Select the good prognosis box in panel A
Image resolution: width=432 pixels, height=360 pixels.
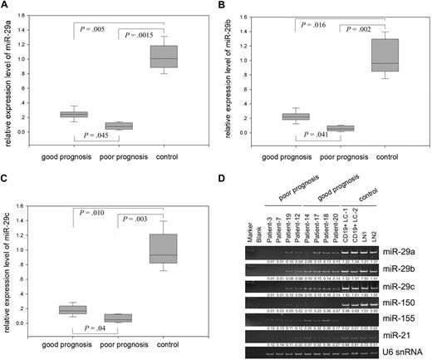click(76, 115)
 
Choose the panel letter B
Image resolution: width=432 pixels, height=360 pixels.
click(222, 7)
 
